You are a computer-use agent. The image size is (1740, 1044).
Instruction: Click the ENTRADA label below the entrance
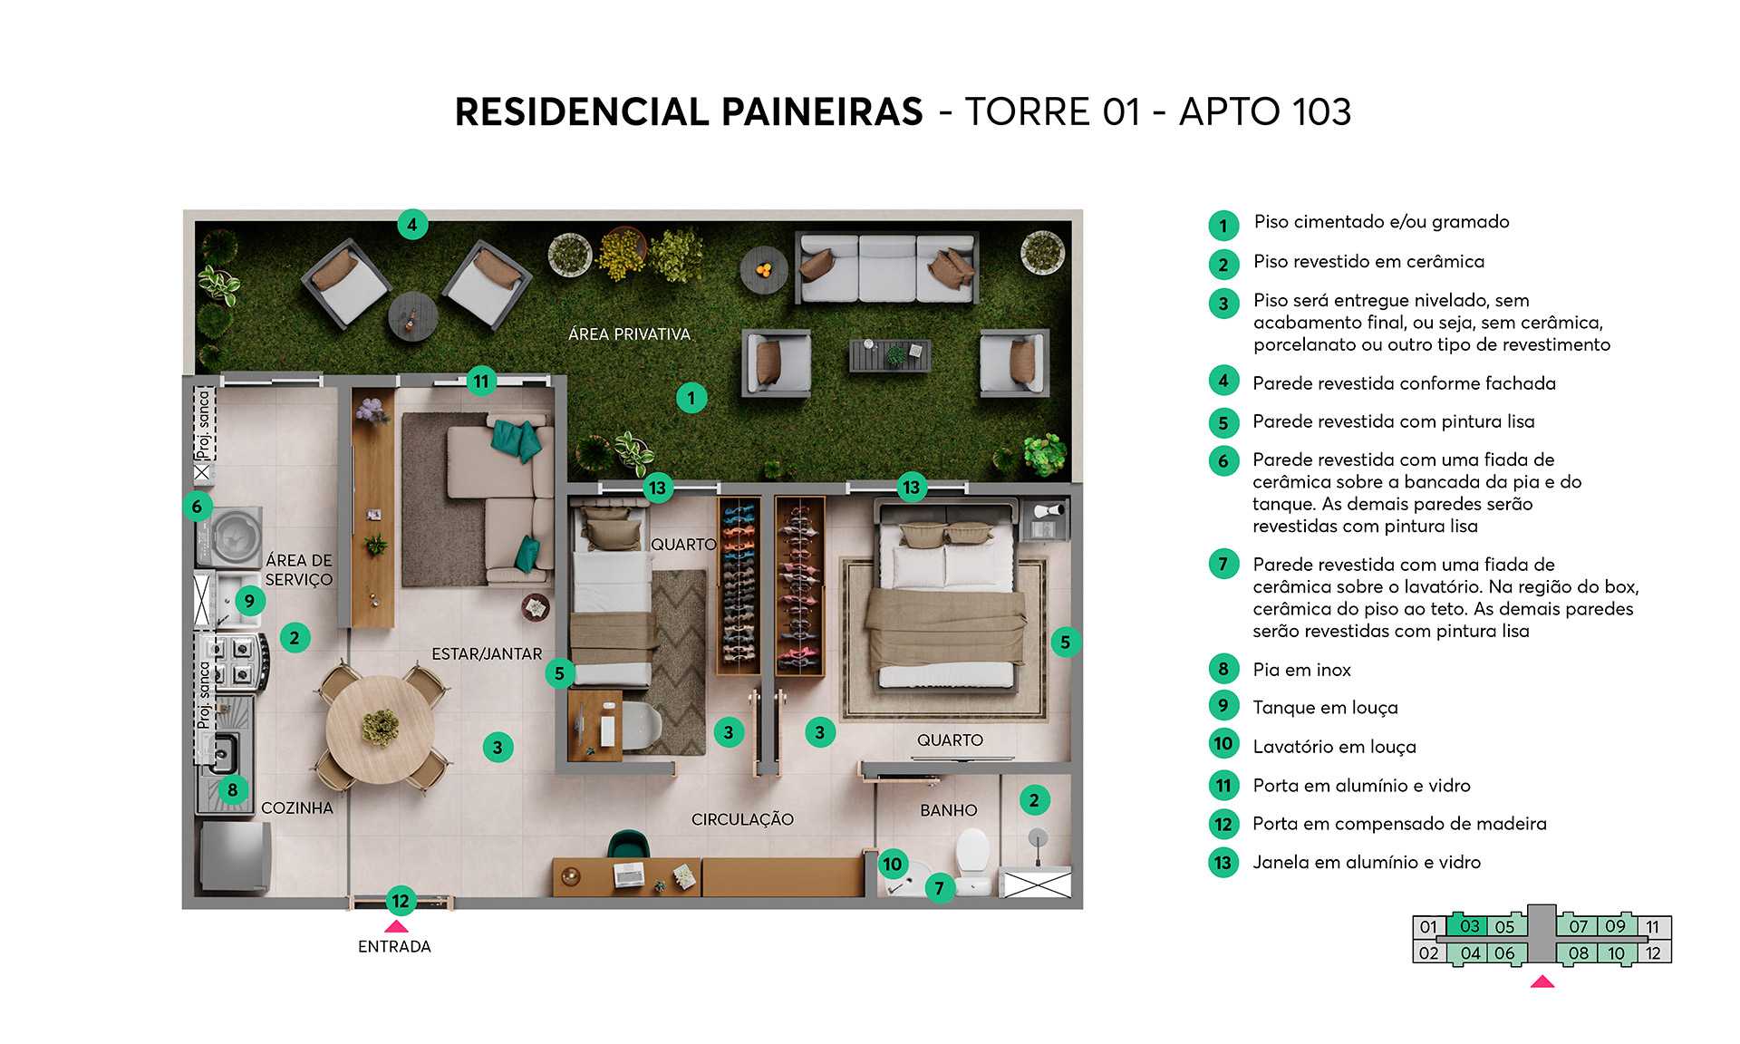point(394,946)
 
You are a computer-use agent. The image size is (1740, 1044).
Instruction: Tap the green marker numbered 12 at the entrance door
point(401,901)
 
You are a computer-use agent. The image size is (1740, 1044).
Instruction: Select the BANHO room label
point(948,810)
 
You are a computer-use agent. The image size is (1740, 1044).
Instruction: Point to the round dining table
point(380,729)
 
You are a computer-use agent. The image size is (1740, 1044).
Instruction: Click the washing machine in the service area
point(231,536)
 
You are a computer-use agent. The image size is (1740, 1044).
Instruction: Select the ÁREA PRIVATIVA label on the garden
point(629,334)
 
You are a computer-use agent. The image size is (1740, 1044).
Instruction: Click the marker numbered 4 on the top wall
point(411,225)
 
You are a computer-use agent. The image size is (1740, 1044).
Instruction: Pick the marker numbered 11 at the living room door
point(481,382)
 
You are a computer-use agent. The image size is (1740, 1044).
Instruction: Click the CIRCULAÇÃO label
point(742,819)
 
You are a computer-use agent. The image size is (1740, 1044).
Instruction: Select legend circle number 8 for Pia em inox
point(1223,670)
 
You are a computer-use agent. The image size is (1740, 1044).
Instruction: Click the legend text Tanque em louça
point(1325,708)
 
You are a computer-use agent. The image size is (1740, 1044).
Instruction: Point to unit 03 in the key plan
point(1469,926)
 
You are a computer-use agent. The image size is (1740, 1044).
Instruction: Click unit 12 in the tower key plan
point(1653,953)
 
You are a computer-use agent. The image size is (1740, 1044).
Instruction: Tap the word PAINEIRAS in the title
point(822,112)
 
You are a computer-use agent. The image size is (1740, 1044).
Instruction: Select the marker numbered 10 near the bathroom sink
point(893,864)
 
